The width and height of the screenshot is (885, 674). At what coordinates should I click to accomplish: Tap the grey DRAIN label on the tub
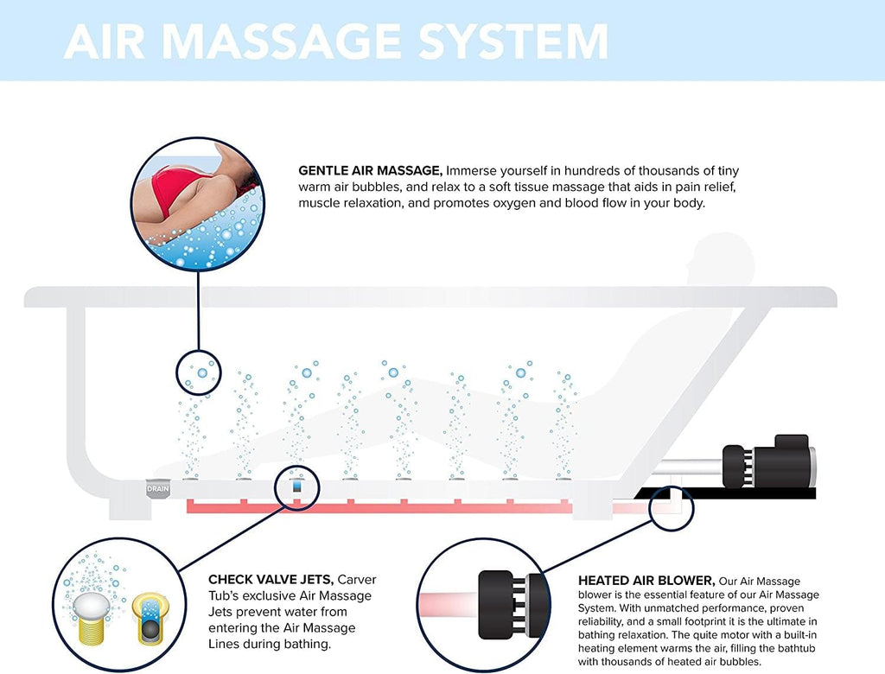point(157,489)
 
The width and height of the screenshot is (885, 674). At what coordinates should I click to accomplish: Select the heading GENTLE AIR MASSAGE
point(370,170)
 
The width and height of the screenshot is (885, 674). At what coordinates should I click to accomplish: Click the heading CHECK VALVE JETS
point(271,579)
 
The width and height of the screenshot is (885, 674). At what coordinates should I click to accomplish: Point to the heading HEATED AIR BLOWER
point(646,581)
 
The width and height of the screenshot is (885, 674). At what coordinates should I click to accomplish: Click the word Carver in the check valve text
point(357,580)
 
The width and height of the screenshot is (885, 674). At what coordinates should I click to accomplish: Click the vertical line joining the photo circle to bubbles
point(199,310)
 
